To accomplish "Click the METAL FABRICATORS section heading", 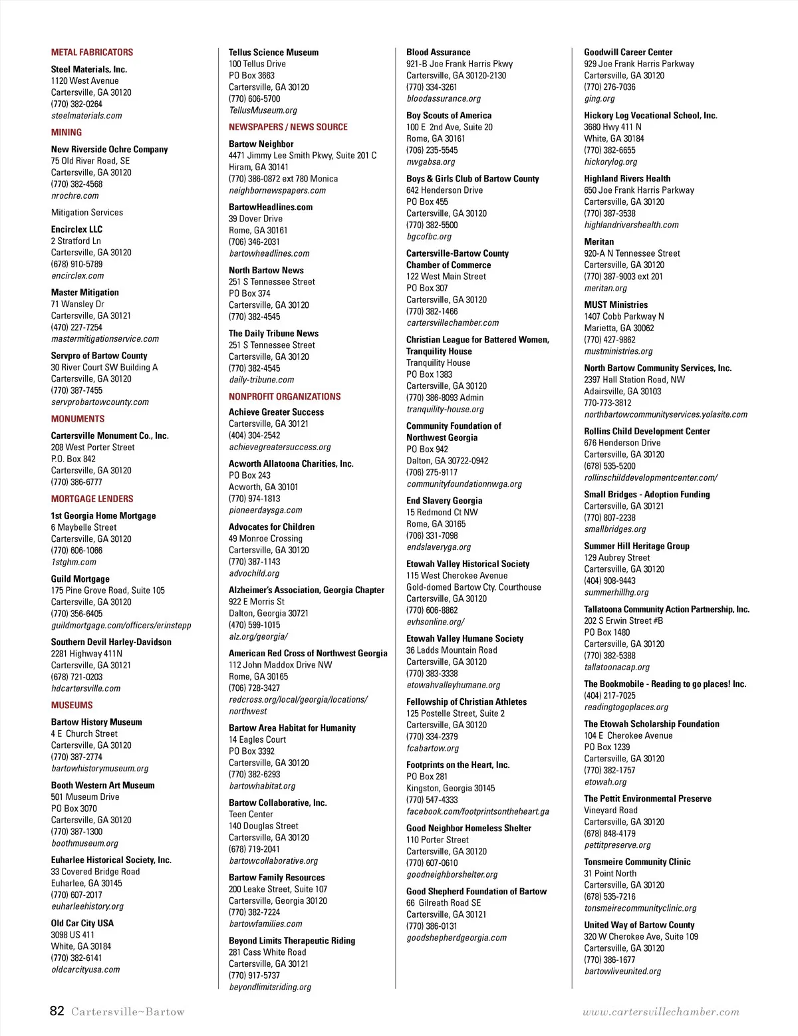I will tap(92, 53).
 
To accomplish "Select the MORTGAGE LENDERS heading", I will tap(92, 499).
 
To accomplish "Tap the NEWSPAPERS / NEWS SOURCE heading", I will tap(288, 127).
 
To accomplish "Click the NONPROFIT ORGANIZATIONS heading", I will tap(285, 396).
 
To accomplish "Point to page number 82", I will tap(57, 1011).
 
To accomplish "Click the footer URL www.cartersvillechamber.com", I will tap(660, 1012).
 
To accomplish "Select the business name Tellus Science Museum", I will tap(273, 53).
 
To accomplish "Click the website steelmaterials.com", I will tap(86, 116).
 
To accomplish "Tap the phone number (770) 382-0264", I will tap(76, 104).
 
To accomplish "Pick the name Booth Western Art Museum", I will tap(102, 785).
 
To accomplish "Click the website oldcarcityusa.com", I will tap(86, 970).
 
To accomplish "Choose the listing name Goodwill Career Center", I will tap(628, 53).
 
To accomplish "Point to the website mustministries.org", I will tap(618, 351).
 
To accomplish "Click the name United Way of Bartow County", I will tap(639, 925).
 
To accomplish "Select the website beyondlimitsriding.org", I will tap(270, 987).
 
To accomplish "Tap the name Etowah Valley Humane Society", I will tap(465, 638).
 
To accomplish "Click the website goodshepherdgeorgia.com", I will tap(456, 938).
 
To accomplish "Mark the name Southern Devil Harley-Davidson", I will tap(111, 642).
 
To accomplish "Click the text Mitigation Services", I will tap(87, 212).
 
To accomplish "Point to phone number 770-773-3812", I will tap(608, 403).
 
